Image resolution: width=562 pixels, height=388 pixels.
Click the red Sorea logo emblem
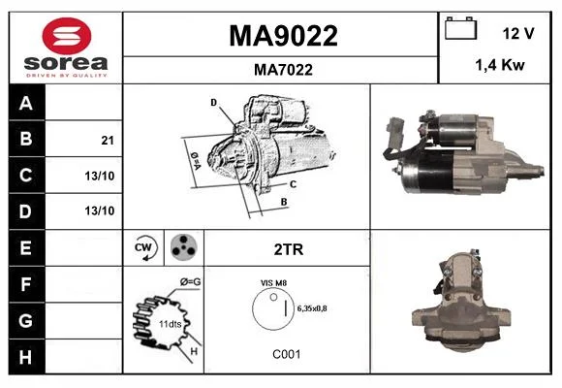point(67,36)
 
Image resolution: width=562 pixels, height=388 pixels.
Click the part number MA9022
point(283,36)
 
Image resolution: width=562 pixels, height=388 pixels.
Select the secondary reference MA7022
point(283,70)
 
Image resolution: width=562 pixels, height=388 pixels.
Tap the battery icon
point(461,28)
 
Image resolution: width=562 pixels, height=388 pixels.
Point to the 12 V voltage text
point(518,34)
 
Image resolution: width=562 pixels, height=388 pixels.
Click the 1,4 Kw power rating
point(500,65)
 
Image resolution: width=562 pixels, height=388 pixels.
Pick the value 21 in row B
point(108,141)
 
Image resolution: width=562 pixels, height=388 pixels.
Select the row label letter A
point(26,104)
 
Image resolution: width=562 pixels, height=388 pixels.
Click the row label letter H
point(25,357)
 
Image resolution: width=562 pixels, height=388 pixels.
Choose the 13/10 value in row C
point(100,176)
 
